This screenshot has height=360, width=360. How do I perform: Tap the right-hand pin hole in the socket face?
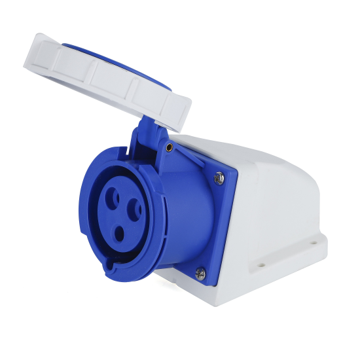(135, 209)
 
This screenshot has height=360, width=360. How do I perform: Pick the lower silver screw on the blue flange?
(200, 273)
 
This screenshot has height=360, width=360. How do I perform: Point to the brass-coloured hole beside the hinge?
(170, 148)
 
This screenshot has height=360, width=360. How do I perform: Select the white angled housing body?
(275, 196)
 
